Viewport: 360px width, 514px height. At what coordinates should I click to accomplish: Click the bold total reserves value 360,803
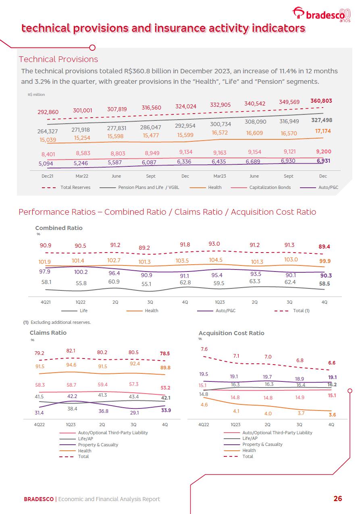pyautogui.click(x=321, y=101)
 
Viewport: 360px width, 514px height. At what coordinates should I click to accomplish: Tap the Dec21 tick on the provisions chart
pyautogui.click(x=48, y=176)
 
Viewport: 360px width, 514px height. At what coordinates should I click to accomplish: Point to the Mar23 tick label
pyautogui.click(x=220, y=176)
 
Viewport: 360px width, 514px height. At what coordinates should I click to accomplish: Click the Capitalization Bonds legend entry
pyautogui.click(x=270, y=187)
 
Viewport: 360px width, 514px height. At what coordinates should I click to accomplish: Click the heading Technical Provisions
pyautogui.click(x=58, y=59)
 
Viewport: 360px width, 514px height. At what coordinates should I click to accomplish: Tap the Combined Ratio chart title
pyautogui.click(x=59, y=228)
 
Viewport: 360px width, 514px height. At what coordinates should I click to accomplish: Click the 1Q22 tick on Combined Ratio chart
pyautogui.click(x=81, y=302)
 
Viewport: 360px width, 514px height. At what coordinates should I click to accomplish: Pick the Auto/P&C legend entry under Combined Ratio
pyautogui.click(x=225, y=311)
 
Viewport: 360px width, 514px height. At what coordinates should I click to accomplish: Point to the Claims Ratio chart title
pyautogui.click(x=48, y=333)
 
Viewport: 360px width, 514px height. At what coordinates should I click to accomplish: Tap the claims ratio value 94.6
pyautogui.click(x=71, y=365)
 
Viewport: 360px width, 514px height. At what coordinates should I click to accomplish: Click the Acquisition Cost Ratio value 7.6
pyautogui.click(x=204, y=349)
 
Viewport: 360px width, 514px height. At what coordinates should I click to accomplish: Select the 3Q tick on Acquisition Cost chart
pyautogui.click(x=300, y=425)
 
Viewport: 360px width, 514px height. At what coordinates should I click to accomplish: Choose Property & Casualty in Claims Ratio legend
pyautogui.click(x=98, y=445)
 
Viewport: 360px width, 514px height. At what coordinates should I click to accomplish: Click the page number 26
pyautogui.click(x=337, y=499)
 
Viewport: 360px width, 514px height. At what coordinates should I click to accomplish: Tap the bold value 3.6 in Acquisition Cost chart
pyautogui.click(x=332, y=415)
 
